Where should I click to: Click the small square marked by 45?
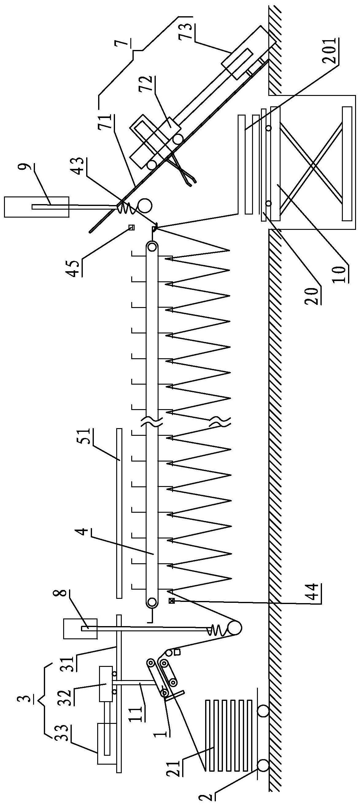(x=132, y=227)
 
